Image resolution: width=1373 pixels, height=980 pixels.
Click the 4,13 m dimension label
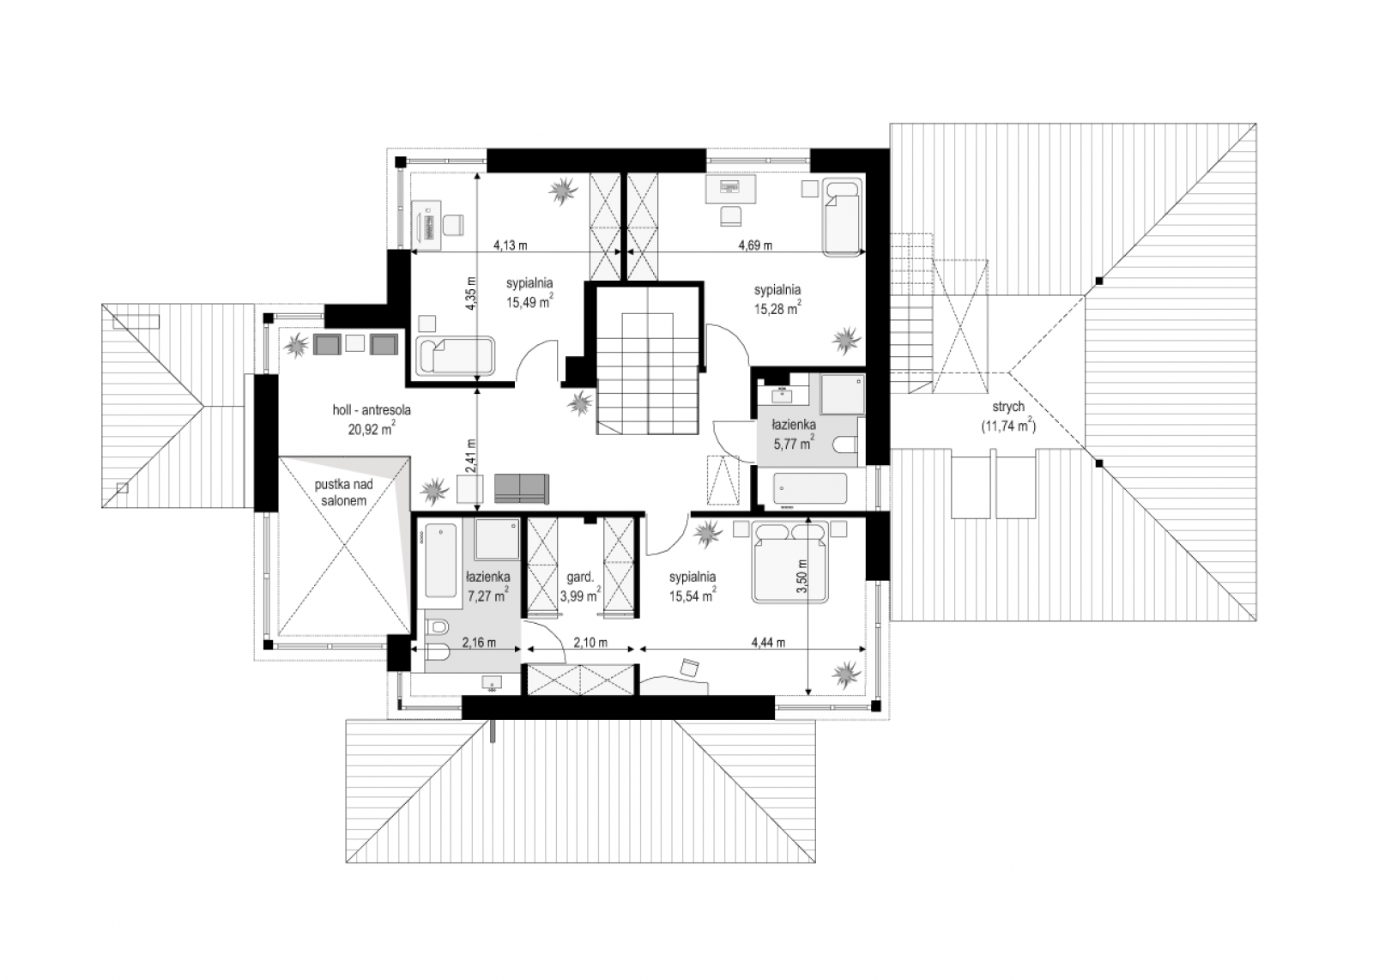(511, 245)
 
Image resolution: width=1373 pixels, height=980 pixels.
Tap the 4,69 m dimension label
(755, 245)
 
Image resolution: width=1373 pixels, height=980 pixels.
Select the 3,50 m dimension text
(801, 577)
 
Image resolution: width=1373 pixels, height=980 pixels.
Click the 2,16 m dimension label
(480, 643)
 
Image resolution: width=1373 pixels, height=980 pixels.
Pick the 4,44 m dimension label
(769, 643)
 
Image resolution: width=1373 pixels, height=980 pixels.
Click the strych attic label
(1007, 407)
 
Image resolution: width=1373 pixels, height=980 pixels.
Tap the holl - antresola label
(372, 410)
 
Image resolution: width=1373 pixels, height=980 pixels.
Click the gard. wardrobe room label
(580, 577)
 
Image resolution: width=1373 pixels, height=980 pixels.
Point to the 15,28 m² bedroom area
(777, 307)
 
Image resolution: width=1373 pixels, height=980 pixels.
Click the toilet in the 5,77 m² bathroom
(844, 445)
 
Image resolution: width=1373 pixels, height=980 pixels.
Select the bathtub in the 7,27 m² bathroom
(441, 560)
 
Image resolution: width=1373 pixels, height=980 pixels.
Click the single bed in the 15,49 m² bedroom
(456, 355)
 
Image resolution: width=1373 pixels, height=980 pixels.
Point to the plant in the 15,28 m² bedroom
(845, 339)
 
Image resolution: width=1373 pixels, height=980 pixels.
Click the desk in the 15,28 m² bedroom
(730, 190)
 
